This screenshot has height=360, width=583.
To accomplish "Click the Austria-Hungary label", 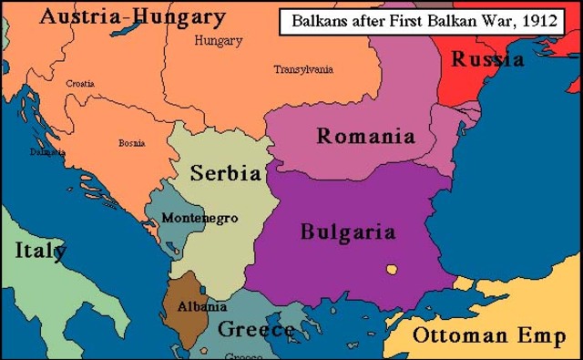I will (119, 16).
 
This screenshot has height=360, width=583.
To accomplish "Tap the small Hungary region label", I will (219, 41).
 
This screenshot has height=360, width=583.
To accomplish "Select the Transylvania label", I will (303, 69).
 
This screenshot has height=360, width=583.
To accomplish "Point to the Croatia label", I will (81, 83).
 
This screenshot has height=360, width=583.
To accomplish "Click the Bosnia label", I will (131, 142).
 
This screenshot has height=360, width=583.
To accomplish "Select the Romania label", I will (365, 137).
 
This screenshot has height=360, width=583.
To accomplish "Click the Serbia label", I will (225, 173).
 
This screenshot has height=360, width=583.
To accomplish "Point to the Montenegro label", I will (199, 219).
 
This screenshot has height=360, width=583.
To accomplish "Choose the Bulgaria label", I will (348, 231).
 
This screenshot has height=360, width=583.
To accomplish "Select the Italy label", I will (39, 251).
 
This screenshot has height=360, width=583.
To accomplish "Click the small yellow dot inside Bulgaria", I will (392, 269).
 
